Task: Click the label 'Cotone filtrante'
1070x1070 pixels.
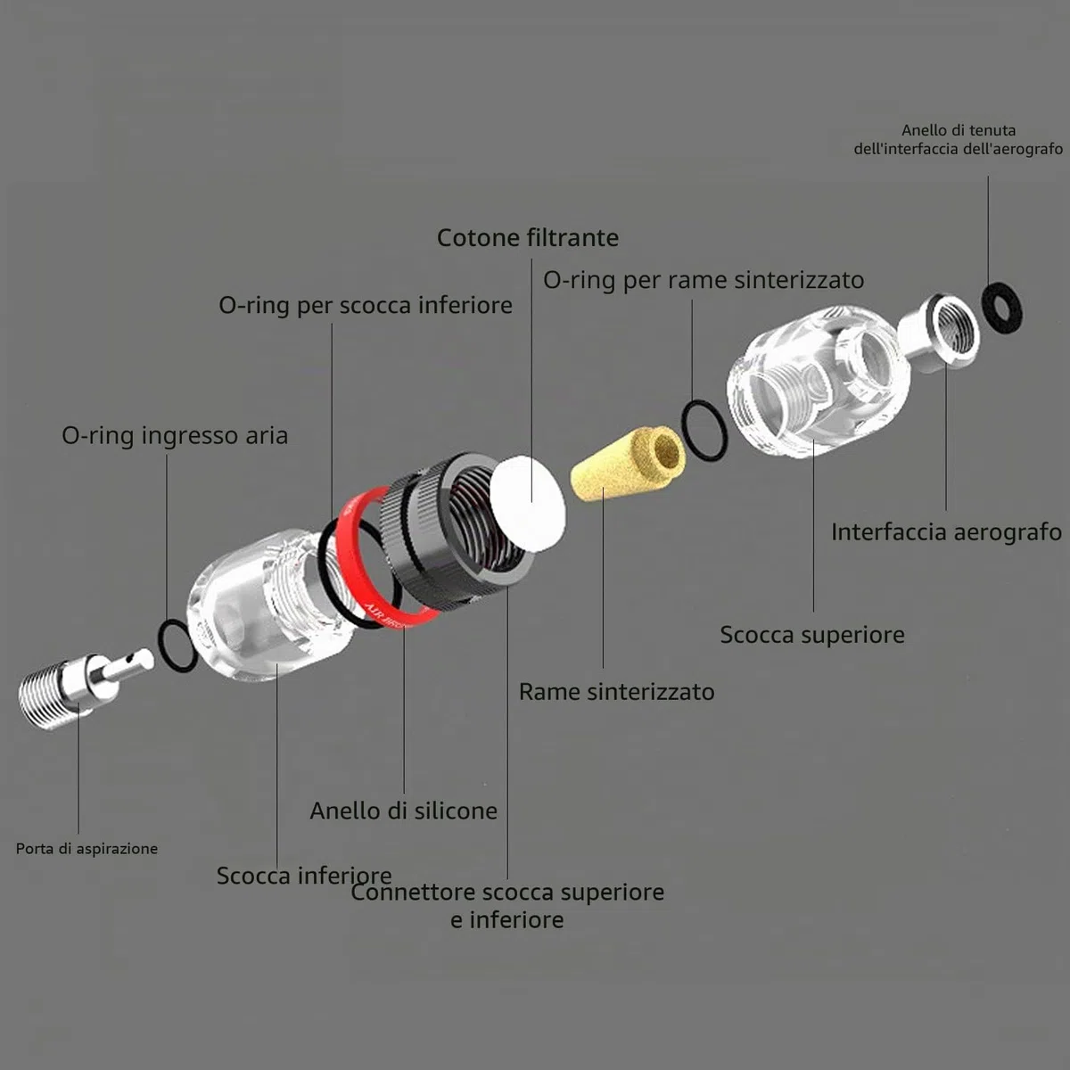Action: pyautogui.click(x=528, y=238)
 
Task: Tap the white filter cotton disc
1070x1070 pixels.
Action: pyautogui.click(x=528, y=503)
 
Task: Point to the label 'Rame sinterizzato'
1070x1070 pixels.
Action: pyautogui.click(x=616, y=692)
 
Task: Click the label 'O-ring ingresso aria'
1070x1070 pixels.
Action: pyautogui.click(x=175, y=435)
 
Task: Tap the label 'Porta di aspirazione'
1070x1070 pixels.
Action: pyautogui.click(x=86, y=849)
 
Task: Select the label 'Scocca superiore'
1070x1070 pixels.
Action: pyautogui.click(x=811, y=635)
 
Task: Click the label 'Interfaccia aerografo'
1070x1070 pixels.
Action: pyautogui.click(x=946, y=532)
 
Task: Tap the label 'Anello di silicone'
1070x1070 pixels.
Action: pyautogui.click(x=403, y=811)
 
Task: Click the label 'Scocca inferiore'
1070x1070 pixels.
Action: pyautogui.click(x=304, y=876)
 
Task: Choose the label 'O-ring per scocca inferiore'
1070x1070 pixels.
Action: pyautogui.click(x=366, y=306)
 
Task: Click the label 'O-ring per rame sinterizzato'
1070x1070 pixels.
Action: pyautogui.click(x=703, y=280)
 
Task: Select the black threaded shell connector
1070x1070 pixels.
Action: pyautogui.click(x=456, y=528)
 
